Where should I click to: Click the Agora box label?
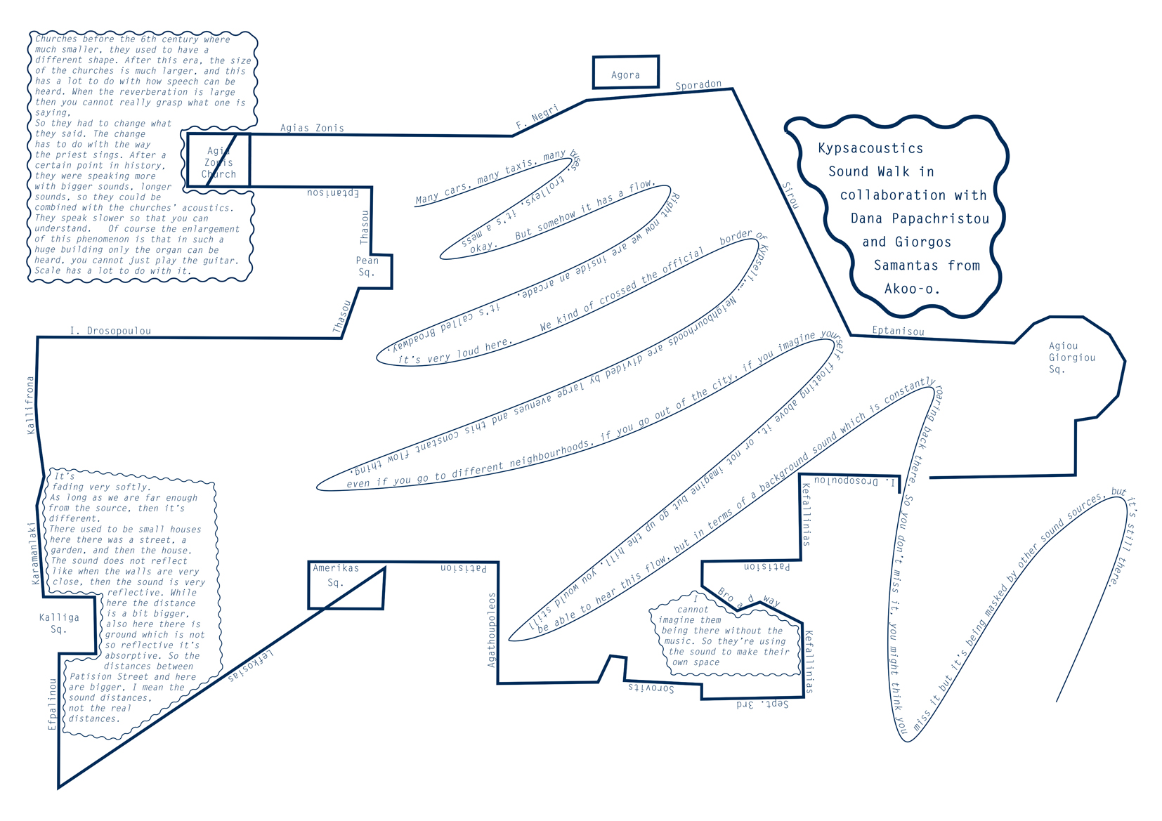pos(625,75)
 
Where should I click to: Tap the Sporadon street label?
pos(698,85)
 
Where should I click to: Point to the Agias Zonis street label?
pos(312,128)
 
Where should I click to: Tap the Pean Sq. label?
pos(367,266)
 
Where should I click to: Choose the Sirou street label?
pos(790,195)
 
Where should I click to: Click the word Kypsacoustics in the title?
pos(870,148)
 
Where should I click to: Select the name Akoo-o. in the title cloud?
pos(912,289)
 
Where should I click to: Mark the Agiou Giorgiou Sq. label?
pos(1071,357)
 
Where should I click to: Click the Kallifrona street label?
pos(30,405)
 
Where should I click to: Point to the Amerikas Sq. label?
pos(336,575)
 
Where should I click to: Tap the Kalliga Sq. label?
pos(59,623)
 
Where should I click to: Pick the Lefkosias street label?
pos(251,666)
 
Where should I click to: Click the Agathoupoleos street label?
pos(492,629)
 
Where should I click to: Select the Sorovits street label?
pos(651,688)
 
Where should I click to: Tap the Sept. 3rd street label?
pos(762,704)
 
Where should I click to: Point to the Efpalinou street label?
pos(52,704)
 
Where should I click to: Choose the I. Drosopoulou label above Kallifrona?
pos(110,331)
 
